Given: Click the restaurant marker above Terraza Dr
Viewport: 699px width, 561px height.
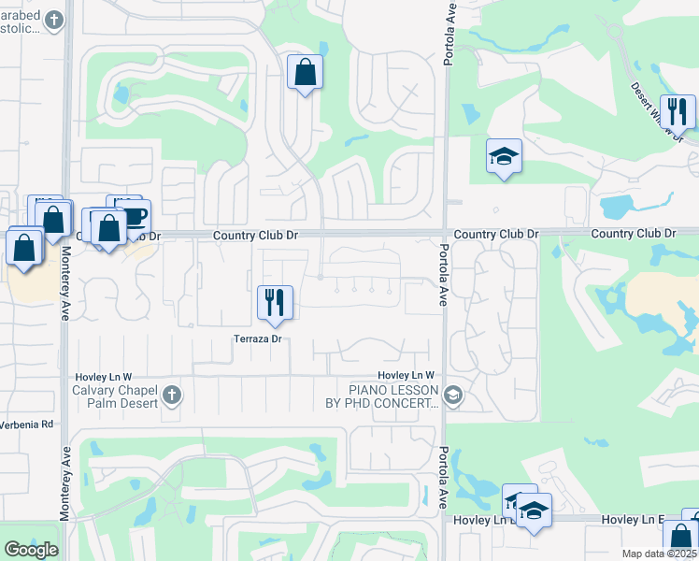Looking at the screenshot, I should click(x=275, y=302).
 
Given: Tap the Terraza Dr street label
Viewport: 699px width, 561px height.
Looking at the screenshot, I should click(x=258, y=339).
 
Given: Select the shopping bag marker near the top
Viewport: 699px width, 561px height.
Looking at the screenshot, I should click(x=306, y=72).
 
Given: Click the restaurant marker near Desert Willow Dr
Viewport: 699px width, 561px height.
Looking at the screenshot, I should click(x=678, y=112).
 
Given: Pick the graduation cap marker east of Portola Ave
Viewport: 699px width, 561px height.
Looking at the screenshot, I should click(x=504, y=156).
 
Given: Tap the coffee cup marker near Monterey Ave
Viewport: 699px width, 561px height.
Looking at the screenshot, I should click(x=133, y=215).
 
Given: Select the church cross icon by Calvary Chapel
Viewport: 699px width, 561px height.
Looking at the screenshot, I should click(x=171, y=395).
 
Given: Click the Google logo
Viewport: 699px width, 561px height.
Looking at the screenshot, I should click(x=31, y=550).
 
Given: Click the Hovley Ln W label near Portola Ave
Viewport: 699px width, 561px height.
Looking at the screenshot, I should click(x=407, y=375).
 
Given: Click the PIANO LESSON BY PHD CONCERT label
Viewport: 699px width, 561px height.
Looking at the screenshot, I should click(x=393, y=396).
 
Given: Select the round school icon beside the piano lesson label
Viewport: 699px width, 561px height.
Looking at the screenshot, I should click(x=453, y=396).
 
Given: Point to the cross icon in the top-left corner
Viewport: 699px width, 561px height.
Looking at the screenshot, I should click(x=55, y=20).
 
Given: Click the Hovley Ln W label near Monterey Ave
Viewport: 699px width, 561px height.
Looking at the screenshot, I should click(x=107, y=375).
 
